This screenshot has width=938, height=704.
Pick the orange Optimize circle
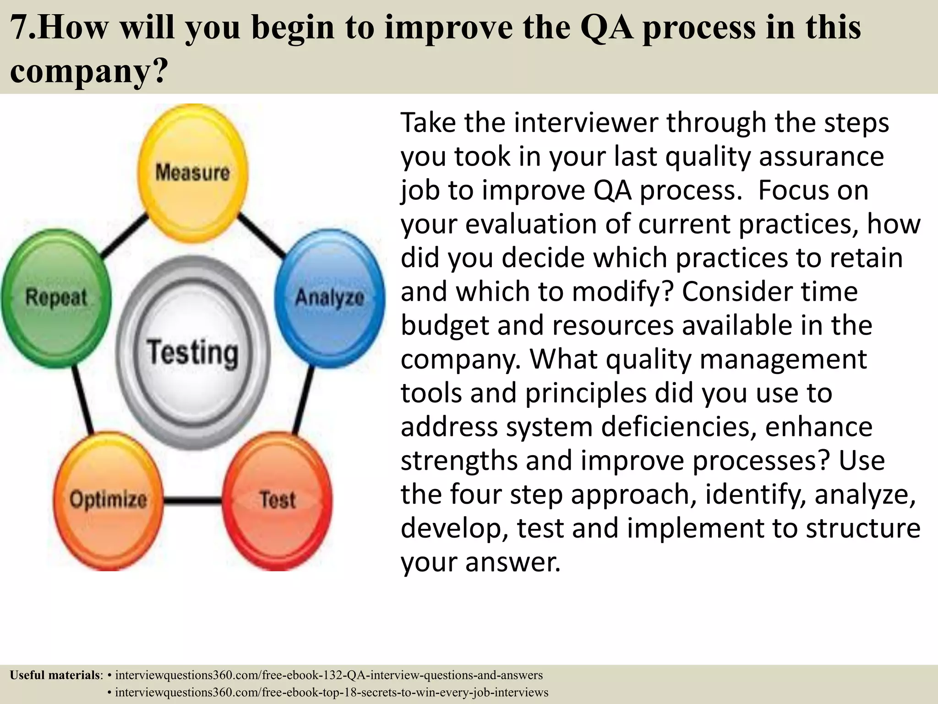(x=108, y=500)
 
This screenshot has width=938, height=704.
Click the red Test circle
(x=278, y=500)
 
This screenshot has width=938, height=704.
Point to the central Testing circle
(x=193, y=352)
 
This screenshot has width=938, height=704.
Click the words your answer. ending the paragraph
(x=480, y=562)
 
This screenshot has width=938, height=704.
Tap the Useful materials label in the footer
(x=55, y=675)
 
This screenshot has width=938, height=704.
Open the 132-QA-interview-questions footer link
(x=329, y=675)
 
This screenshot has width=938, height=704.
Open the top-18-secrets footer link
(x=332, y=692)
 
